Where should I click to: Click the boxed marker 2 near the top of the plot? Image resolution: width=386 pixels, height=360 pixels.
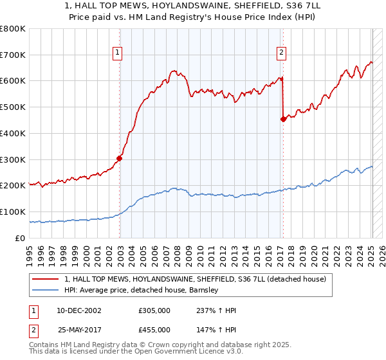click(282, 53)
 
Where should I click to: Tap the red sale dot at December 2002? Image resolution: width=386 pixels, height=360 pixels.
click(120, 157)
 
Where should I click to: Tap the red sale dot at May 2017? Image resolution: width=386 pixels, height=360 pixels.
click(283, 118)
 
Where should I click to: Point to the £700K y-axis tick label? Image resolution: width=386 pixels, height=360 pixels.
click(13, 55)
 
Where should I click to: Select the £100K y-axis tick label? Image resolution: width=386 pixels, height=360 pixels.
click(13, 212)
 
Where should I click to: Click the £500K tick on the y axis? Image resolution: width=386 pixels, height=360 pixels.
click(13, 107)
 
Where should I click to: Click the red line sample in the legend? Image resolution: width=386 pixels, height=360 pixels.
click(46, 279)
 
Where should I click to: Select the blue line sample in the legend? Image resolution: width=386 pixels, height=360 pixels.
click(46, 290)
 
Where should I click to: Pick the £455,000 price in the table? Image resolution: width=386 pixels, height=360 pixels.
click(154, 329)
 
